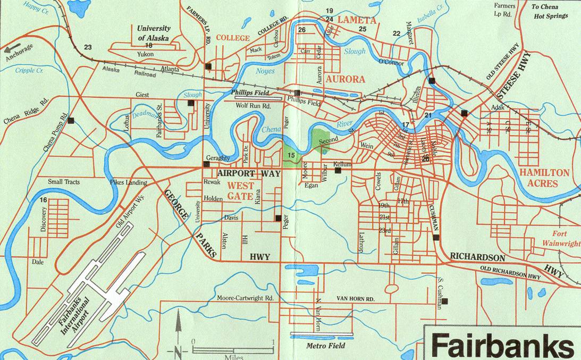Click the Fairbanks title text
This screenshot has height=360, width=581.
point(502,345)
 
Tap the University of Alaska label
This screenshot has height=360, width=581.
point(154,33)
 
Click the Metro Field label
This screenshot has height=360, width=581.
point(326,346)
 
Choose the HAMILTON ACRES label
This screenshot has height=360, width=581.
point(544,178)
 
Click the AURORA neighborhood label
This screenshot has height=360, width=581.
point(346,79)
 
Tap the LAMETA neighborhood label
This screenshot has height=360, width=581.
point(357,20)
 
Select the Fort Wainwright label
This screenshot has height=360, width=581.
point(562,239)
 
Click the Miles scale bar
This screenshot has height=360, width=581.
point(233,349)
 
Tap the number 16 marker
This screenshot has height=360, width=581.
point(43,200)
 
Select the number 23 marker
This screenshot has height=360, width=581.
point(88,47)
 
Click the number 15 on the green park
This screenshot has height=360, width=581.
point(291,155)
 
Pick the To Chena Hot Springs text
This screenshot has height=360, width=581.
point(550,11)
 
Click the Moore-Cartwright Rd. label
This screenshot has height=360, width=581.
point(245,298)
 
